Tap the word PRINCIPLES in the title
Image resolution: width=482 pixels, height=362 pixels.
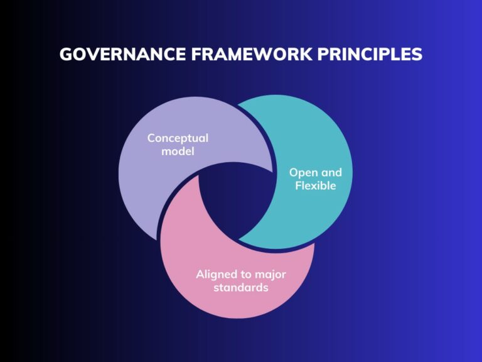pos(368,54)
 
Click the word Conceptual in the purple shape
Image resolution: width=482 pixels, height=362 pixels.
pos(178,138)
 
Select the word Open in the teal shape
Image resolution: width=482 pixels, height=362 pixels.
pos(301,172)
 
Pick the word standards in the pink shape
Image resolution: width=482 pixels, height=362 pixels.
pos(240,288)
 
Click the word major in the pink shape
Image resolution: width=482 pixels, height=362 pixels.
pos(272,274)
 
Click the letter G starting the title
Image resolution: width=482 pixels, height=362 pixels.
pos(66,54)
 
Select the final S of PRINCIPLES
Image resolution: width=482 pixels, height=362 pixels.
pos(417,54)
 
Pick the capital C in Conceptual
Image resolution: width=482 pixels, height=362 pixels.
pos(151,138)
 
